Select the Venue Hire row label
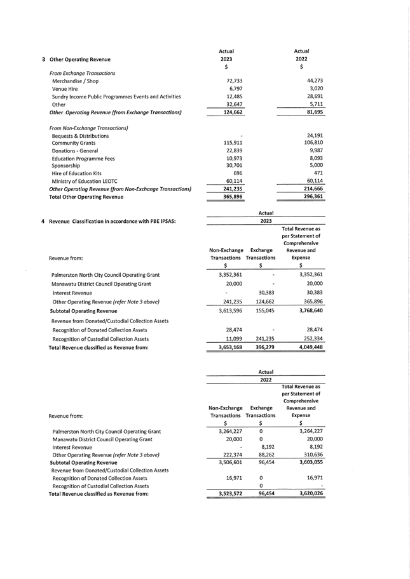65,89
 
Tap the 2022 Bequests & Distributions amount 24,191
311,136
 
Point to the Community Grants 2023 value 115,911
230,143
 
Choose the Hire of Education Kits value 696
237,173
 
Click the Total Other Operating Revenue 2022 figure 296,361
310,197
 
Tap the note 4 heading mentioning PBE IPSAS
112,221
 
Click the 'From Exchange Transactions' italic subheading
83,73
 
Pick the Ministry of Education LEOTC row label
88,180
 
